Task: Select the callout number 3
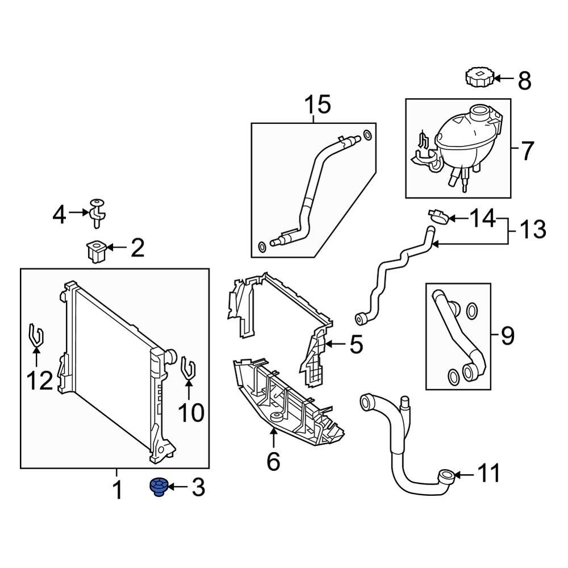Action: pyautogui.click(x=197, y=487)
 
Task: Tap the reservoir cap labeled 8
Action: pyautogui.click(x=478, y=77)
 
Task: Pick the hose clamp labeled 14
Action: pyautogui.click(x=437, y=216)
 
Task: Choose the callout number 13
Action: pyautogui.click(x=533, y=230)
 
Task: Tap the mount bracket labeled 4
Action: pyautogui.click(x=97, y=211)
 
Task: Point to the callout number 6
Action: pyautogui.click(x=273, y=462)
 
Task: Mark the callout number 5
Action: pyautogui.click(x=356, y=344)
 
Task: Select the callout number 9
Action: pyautogui.click(x=507, y=336)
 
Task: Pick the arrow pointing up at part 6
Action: pyautogui.click(x=273, y=438)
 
